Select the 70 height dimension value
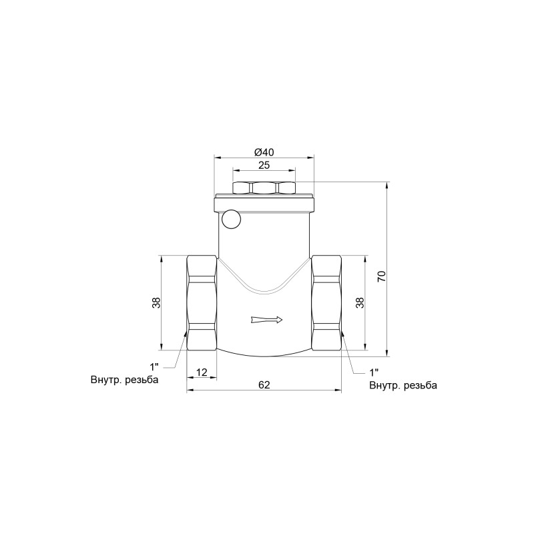click(381, 276)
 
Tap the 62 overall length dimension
click(264, 385)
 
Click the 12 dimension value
click(202, 372)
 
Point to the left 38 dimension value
click(156, 302)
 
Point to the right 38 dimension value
click(360, 302)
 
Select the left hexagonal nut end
click(201, 303)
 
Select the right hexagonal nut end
click(326, 303)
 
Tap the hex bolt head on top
click(264, 188)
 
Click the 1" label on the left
click(154, 366)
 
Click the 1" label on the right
click(374, 372)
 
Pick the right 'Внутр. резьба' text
click(403, 385)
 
